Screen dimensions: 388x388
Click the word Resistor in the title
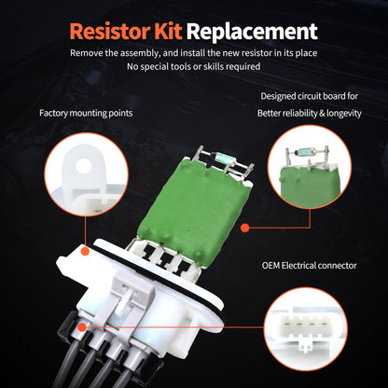pos(113,32)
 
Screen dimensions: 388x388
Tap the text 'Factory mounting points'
pos(86,114)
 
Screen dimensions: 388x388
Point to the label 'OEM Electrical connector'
pos(309,266)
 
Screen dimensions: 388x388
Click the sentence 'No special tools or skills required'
pos(193,68)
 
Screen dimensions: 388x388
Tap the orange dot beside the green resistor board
pos(244,226)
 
